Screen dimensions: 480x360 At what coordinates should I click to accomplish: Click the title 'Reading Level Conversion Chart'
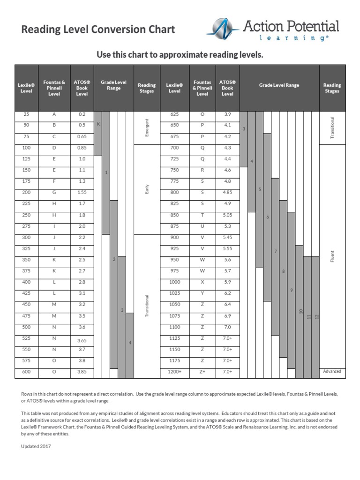pyautogui.click(x=98, y=30)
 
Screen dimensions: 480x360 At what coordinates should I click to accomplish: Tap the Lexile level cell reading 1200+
pyautogui.click(x=174, y=372)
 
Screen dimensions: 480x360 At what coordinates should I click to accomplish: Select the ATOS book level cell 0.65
pyautogui.click(x=82, y=136)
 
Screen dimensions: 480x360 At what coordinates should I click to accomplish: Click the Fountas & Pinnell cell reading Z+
pyautogui.click(x=202, y=372)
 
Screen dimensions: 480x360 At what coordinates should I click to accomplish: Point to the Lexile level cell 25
pyautogui.click(x=26, y=114)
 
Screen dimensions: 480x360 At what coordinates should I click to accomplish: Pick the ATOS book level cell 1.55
pyautogui.click(x=82, y=193)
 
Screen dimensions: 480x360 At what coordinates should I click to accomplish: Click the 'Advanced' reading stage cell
pyautogui.click(x=332, y=372)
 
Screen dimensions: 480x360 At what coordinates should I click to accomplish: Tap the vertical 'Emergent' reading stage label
pyautogui.click(x=147, y=128)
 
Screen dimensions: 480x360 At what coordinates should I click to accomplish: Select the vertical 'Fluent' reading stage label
pyautogui.click(x=332, y=256)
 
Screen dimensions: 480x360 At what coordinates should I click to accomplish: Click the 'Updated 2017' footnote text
pyautogui.click(x=36, y=446)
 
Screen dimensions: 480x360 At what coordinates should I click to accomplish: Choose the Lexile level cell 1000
pyautogui.click(x=174, y=282)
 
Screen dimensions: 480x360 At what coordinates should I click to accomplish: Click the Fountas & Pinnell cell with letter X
pyautogui.click(x=202, y=282)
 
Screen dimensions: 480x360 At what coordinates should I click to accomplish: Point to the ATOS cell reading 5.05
pyautogui.click(x=227, y=215)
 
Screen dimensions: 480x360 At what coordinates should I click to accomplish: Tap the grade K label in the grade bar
pyautogui.click(x=98, y=124)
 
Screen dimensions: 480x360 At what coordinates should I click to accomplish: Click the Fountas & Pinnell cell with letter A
pyautogui.click(x=54, y=114)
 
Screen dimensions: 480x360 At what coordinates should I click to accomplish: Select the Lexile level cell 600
pyautogui.click(x=26, y=372)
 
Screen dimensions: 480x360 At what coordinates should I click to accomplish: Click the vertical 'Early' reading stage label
pyautogui.click(x=147, y=189)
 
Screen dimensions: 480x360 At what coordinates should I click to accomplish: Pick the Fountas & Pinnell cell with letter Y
pyautogui.click(x=202, y=293)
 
